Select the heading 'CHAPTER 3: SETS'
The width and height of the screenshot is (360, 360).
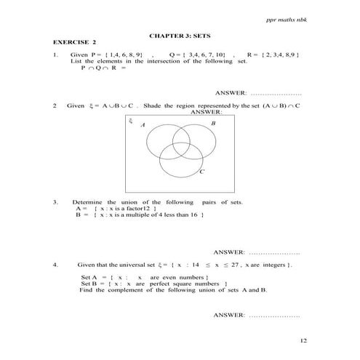coord(179,34)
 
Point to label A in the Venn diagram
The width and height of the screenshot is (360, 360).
coord(143,126)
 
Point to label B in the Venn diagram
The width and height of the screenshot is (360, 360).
coord(213,124)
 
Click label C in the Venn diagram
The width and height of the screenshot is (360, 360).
coord(201,172)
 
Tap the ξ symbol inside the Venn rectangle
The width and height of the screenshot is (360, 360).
coord(131,121)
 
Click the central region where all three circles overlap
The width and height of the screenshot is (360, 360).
coord(178,148)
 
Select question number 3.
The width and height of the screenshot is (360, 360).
coord(55,201)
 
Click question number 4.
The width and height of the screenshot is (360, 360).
coord(55,264)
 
